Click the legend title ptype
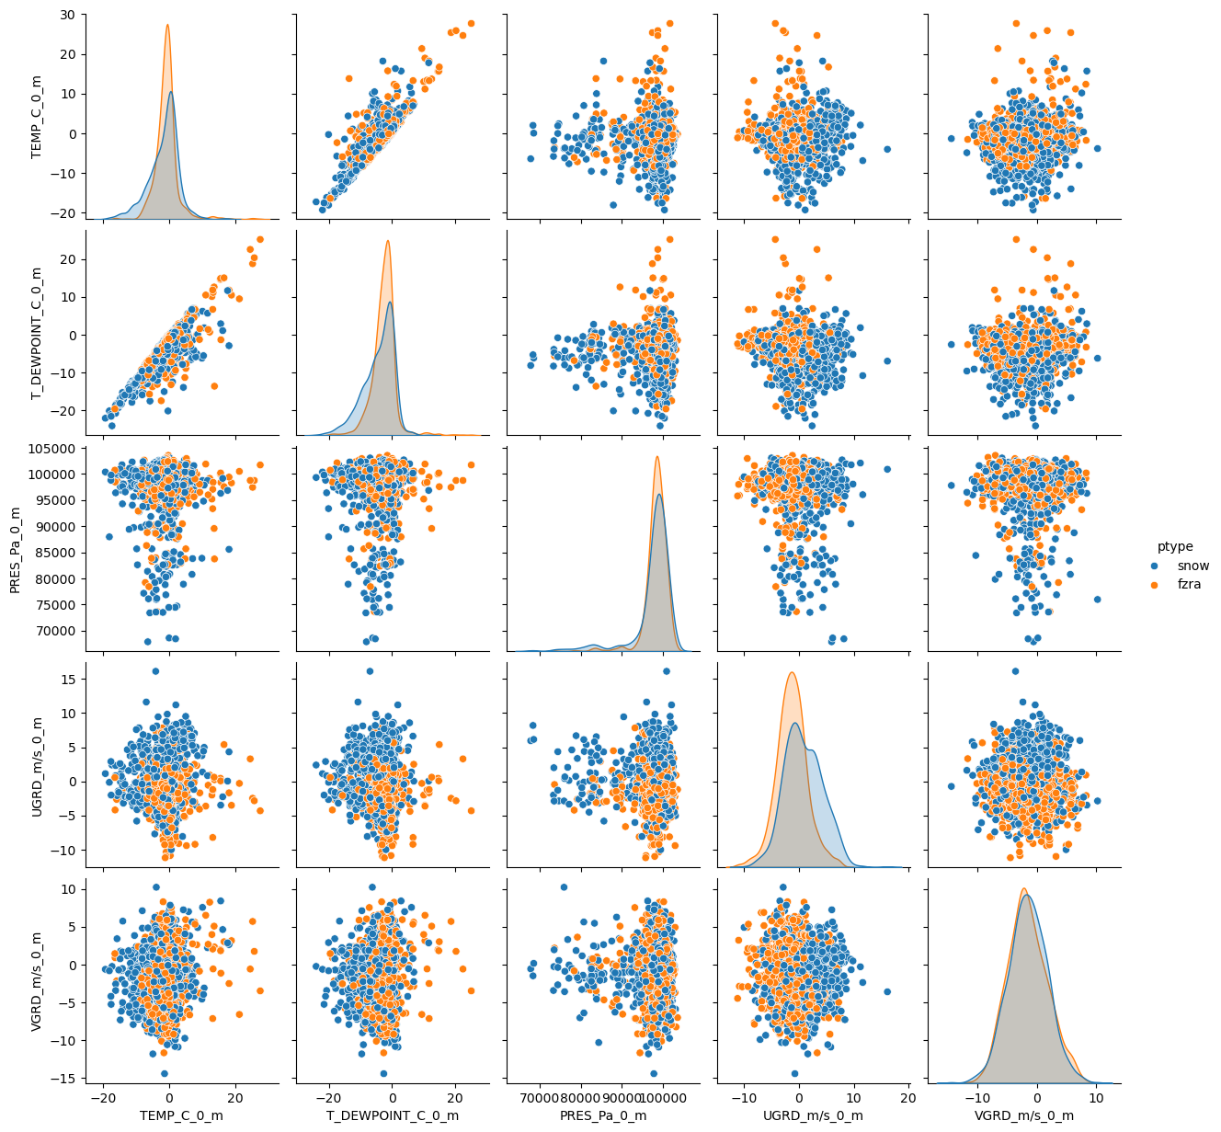1174,546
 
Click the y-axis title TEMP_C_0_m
37,116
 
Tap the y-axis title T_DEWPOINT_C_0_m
37,332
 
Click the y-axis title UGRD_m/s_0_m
37,764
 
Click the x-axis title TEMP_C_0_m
182,1115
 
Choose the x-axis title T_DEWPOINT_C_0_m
393,1115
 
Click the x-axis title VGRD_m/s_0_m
1024,1115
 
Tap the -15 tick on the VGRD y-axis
66,1078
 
